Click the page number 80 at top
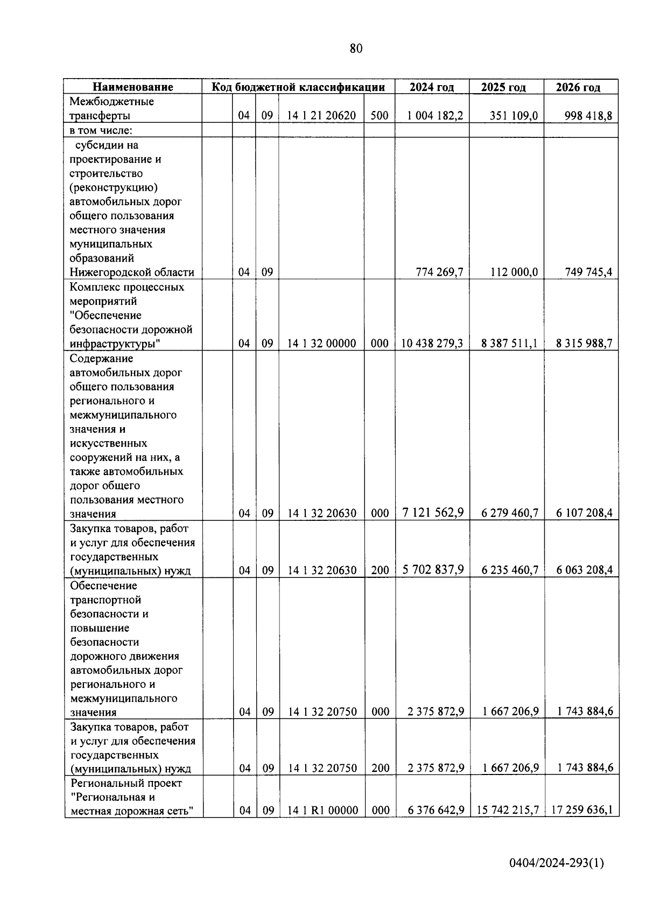pos(356,49)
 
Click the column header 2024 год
pos(431,87)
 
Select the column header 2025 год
pos(503,87)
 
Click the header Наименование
pos(132,87)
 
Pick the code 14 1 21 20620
pos(321,116)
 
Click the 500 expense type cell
pos(380,116)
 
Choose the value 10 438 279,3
pos(432,344)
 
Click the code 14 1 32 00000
pos(321,344)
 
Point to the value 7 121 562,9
pos(433,513)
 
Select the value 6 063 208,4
pos(584,570)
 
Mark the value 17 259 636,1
pos(581,810)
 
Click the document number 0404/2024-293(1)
pos(557,863)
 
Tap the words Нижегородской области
pos(132,273)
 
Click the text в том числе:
pos(101,130)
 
